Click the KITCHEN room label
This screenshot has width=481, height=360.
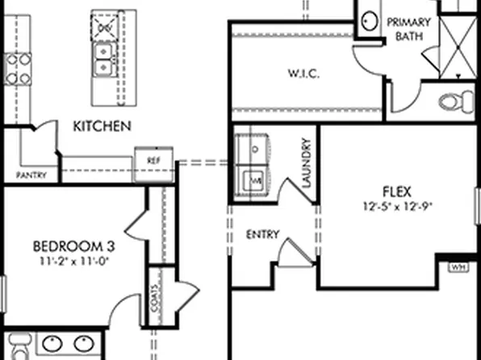point(102,126)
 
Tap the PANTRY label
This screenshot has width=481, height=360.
point(31,175)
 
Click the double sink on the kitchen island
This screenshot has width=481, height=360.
point(104,58)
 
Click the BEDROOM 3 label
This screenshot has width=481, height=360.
point(69,245)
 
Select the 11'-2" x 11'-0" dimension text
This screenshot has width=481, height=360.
point(69,261)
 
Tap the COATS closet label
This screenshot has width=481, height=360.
point(154,285)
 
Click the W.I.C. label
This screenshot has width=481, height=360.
point(304,74)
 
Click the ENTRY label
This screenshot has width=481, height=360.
point(262,235)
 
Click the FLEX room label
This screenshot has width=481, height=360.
point(398,192)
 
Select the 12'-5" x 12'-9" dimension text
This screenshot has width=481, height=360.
point(398,206)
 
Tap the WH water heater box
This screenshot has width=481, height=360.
point(458,266)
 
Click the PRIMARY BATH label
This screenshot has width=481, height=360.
point(411,29)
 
